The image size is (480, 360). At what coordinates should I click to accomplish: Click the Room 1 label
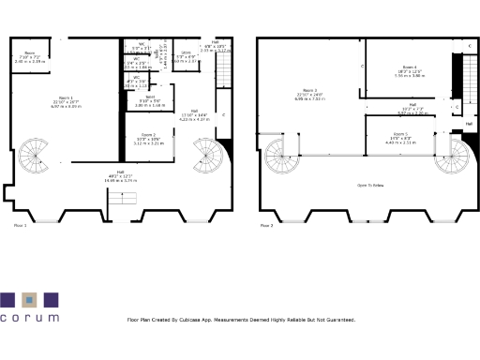(x=66, y=97)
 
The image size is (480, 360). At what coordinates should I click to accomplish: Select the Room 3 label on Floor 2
(x=303, y=92)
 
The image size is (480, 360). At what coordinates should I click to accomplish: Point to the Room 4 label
(x=410, y=67)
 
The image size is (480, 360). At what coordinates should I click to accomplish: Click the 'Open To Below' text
(x=372, y=186)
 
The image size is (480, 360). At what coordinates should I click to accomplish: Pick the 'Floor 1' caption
(x=20, y=226)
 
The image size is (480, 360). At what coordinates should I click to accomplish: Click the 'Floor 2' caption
(x=266, y=226)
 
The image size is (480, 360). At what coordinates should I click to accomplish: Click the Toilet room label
(x=150, y=96)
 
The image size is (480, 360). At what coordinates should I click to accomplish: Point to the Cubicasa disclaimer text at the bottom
(x=241, y=320)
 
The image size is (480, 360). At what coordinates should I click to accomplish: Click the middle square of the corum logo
(x=29, y=300)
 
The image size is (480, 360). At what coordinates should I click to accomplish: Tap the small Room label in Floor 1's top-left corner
(x=29, y=52)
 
